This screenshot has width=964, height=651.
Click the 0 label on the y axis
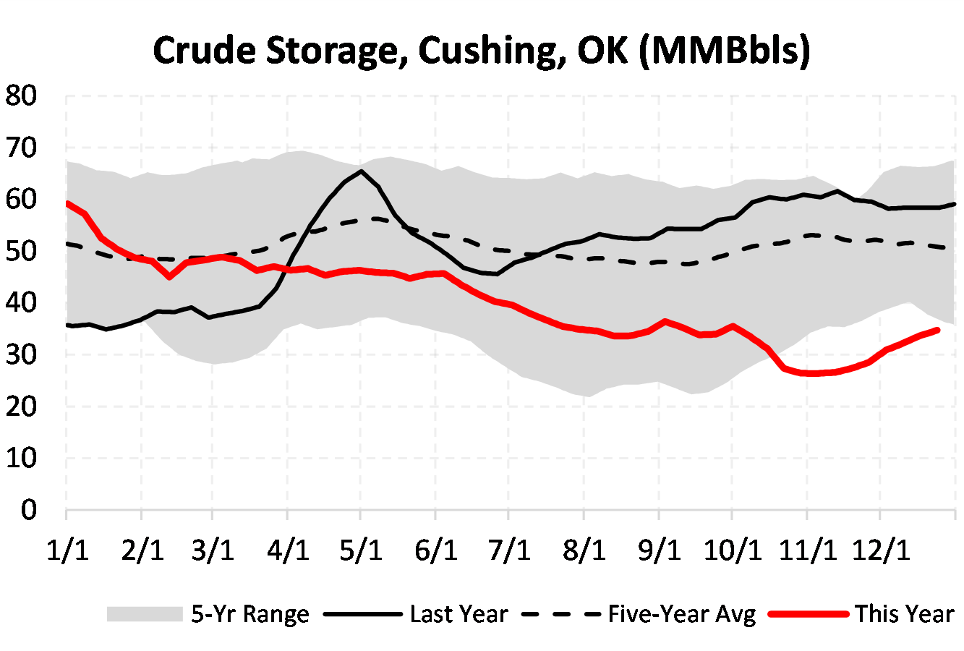(x=28, y=510)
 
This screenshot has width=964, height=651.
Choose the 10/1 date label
(x=733, y=550)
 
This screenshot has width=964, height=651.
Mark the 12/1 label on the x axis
(x=880, y=550)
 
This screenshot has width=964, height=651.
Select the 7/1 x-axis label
(x=509, y=550)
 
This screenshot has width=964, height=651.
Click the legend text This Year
(x=904, y=614)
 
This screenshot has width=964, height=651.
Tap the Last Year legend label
(x=458, y=614)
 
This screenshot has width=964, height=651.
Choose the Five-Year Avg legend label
(x=681, y=614)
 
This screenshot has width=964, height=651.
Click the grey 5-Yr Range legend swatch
(x=144, y=614)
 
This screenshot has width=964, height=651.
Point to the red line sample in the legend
(x=808, y=614)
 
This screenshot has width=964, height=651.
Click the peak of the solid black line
(x=361, y=171)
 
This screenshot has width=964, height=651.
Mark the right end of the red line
(x=937, y=330)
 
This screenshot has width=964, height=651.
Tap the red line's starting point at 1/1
(x=67, y=203)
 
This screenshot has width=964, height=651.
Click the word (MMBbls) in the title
(x=725, y=51)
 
